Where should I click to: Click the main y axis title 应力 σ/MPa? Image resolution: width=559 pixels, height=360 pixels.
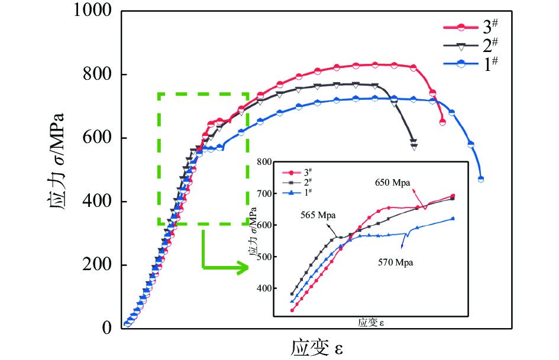54,169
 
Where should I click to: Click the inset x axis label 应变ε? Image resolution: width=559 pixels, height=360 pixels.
375,323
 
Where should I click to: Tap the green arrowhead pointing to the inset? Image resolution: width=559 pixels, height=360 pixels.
243,268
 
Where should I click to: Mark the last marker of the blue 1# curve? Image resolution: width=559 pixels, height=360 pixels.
481,179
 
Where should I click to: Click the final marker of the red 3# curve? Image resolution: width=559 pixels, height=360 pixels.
442,122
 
